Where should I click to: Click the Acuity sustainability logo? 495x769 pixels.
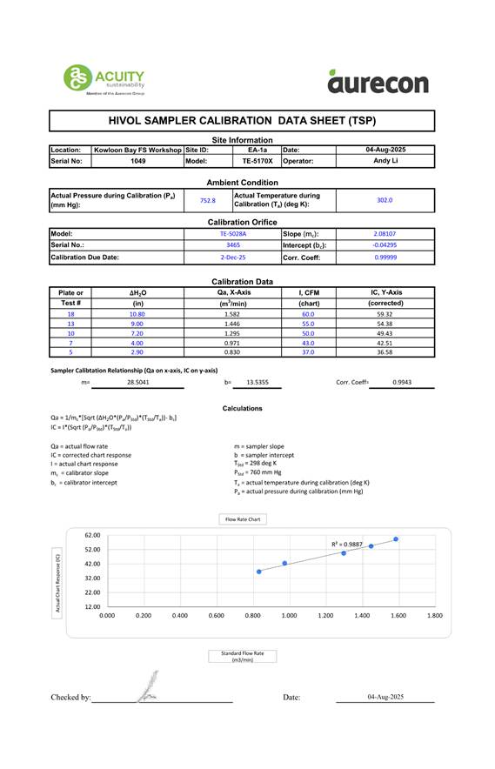pyautogui.click(x=104, y=80)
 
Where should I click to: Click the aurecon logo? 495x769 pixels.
pyautogui.click(x=378, y=82)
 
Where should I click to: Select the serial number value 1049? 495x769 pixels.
pyautogui.click(x=137, y=161)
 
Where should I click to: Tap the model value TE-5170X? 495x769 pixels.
pyautogui.click(x=258, y=161)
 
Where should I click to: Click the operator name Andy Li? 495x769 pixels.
pyautogui.click(x=385, y=161)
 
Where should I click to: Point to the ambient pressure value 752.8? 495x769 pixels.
pyautogui.click(x=208, y=200)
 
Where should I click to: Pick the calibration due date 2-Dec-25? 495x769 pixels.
pyautogui.click(x=232, y=257)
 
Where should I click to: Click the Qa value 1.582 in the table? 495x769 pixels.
pyautogui.click(x=232, y=314)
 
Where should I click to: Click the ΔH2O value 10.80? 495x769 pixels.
pyautogui.click(x=137, y=314)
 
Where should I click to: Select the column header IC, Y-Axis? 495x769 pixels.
pyautogui.click(x=385, y=292)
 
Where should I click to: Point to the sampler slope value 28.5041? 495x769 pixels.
pyautogui.click(x=137, y=382)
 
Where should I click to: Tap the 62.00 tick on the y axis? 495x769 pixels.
pyautogui.click(x=92, y=535)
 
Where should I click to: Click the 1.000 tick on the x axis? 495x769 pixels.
pyautogui.click(x=289, y=615)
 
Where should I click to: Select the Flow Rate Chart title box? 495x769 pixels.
pyautogui.click(x=243, y=519)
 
